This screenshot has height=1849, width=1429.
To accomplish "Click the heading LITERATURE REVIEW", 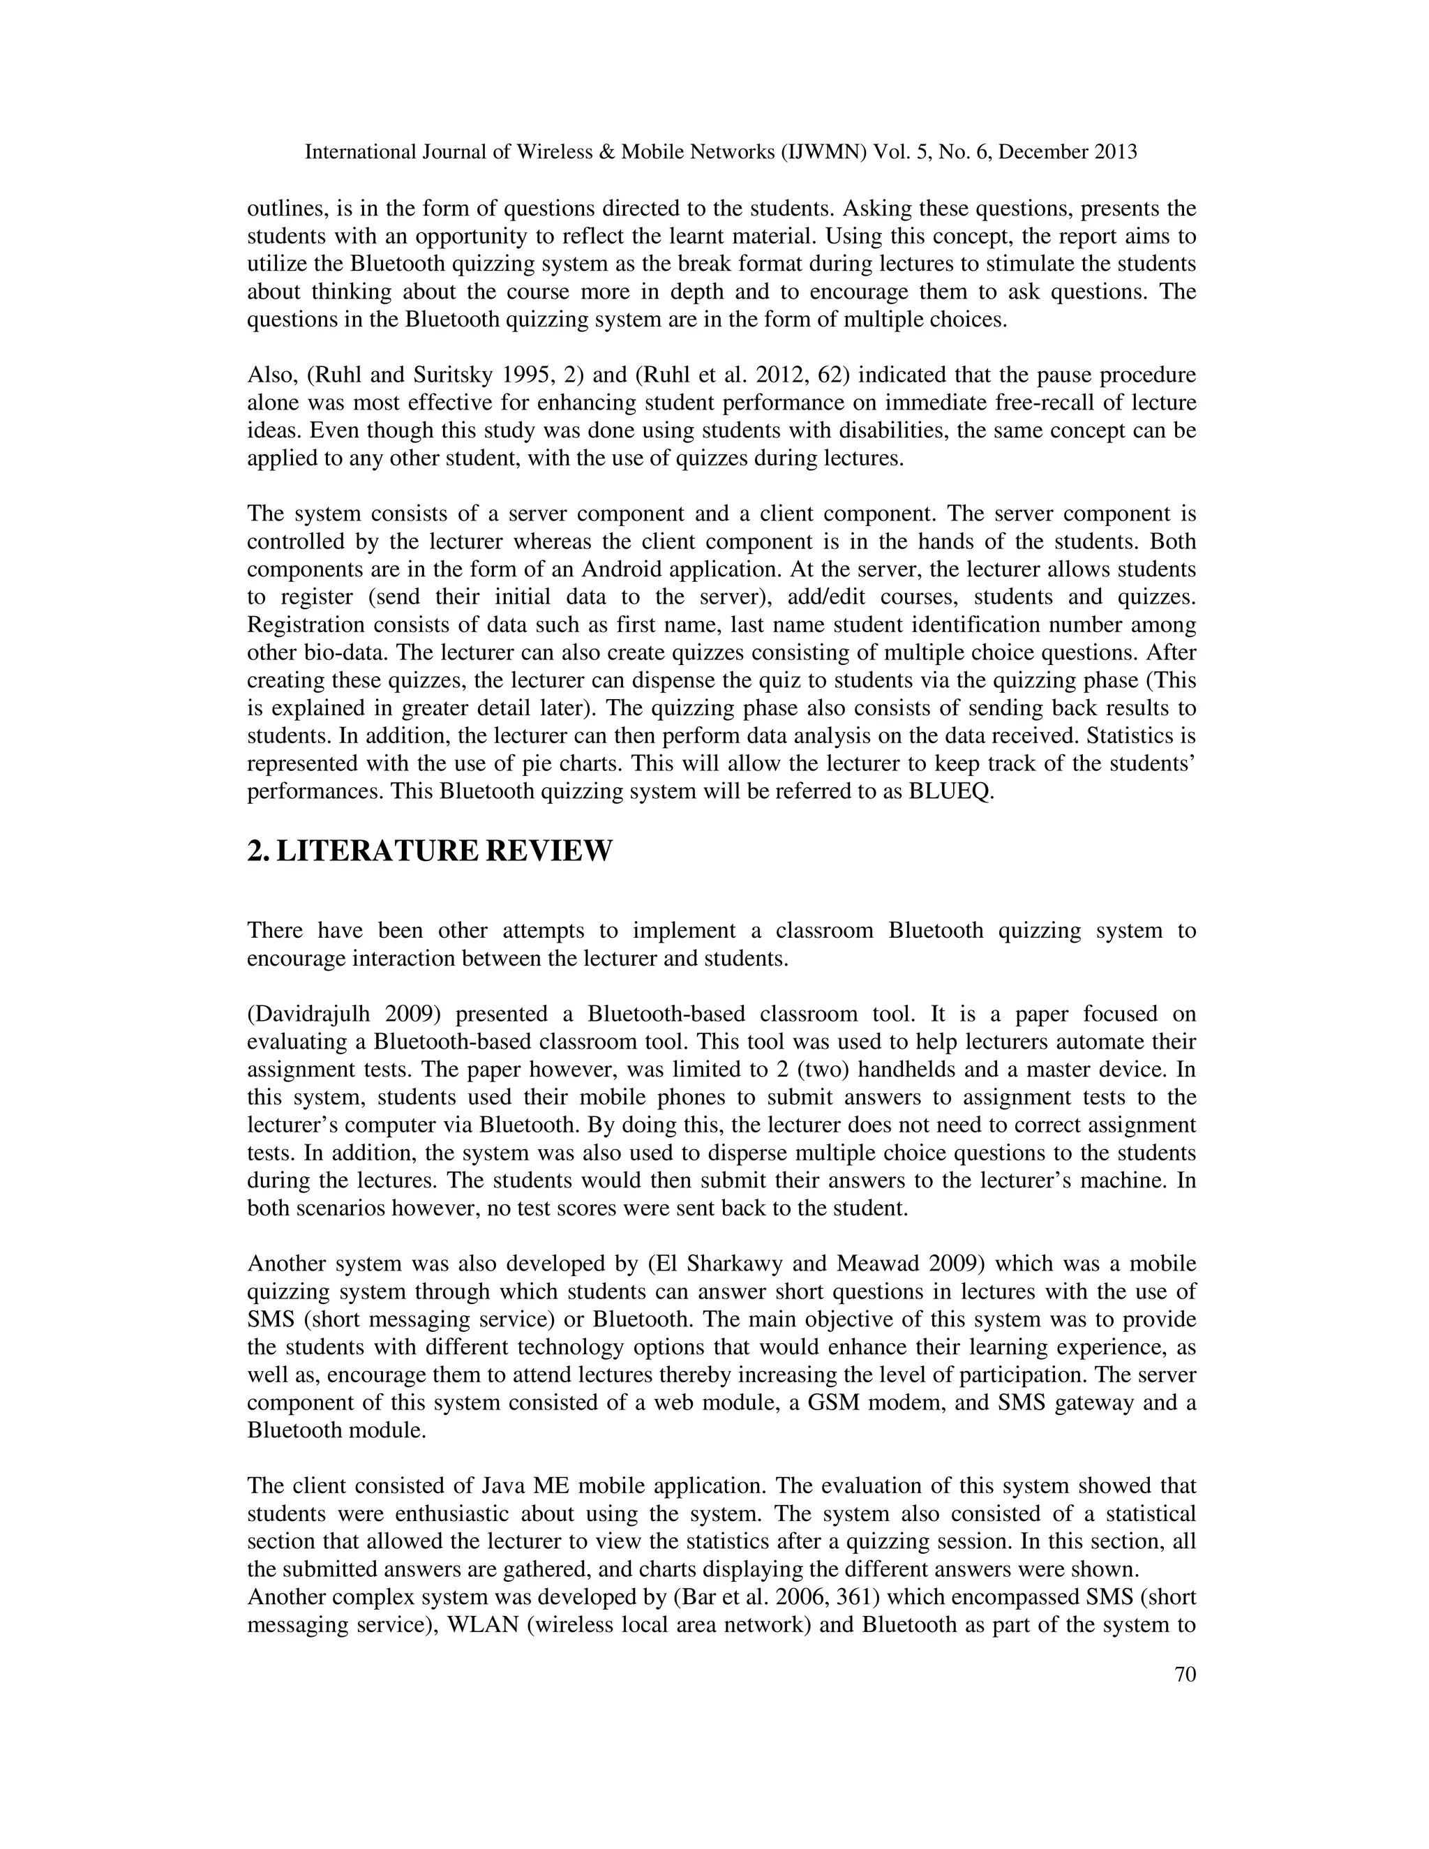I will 444,851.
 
